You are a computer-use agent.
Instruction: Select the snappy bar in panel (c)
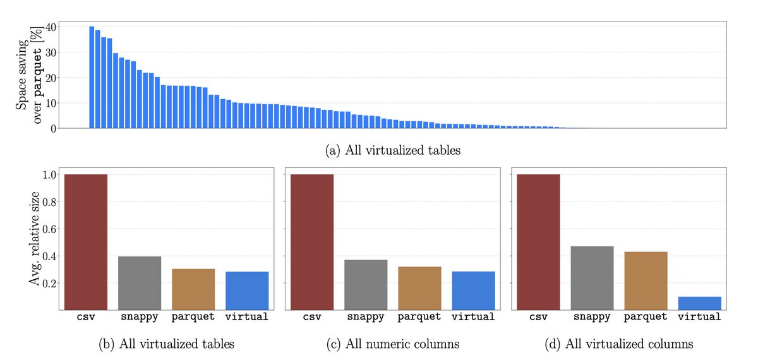point(366,285)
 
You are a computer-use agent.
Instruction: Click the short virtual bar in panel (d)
point(699,303)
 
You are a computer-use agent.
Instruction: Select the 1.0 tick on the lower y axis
point(49,175)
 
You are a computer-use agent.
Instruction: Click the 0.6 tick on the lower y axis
point(49,229)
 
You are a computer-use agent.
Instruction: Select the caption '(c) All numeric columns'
point(393,344)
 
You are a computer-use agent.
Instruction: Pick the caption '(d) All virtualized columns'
point(619,344)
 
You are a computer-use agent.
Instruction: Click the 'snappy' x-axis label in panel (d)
point(592,317)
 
